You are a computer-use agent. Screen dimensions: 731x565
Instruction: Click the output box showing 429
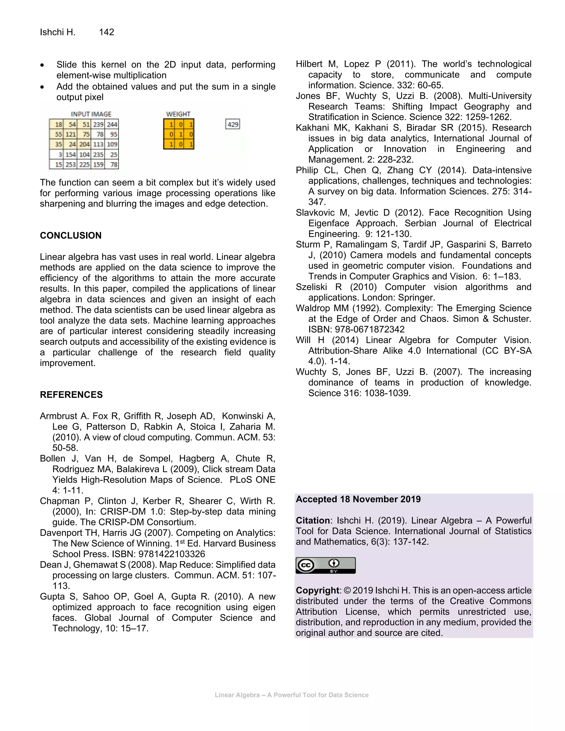coord(233,124)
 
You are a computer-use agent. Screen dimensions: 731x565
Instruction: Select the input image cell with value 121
coord(70,134)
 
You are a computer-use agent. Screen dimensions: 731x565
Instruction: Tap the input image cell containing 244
coord(112,124)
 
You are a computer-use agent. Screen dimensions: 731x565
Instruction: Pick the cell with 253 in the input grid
coord(70,164)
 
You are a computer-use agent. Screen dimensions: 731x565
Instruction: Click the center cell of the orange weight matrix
coord(179,134)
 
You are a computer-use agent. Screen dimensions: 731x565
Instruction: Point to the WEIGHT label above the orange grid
coord(178,114)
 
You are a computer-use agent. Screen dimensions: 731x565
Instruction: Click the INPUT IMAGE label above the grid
coord(91,114)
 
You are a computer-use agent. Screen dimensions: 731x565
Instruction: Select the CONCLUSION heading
coord(71,235)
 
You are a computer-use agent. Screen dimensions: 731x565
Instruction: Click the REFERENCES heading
coord(71,395)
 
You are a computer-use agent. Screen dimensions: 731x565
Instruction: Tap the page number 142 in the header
coord(106,32)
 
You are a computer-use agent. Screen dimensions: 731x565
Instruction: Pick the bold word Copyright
coord(317,590)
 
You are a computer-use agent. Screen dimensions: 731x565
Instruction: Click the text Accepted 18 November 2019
coord(358,499)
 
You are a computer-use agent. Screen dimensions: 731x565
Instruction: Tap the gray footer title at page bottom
coord(291,695)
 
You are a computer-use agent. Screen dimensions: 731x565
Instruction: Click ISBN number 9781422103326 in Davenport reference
coord(172,554)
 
